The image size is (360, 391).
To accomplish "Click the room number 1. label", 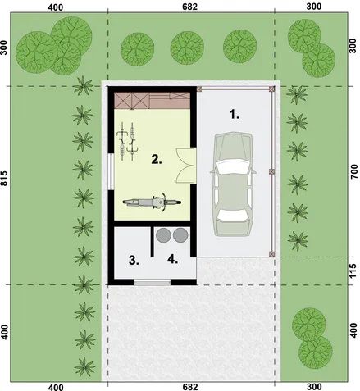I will [235, 115].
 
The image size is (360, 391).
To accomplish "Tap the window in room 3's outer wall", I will [153, 283].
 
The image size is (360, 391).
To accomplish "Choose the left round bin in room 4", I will [163, 235].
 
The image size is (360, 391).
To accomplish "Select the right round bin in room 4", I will [180, 235].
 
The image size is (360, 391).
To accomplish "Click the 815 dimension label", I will [6, 184].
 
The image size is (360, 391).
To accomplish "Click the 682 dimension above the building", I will [190, 7].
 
